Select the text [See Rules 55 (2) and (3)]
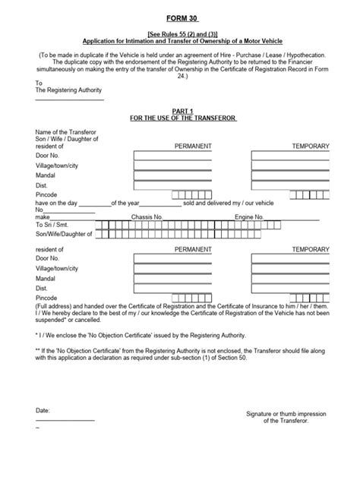point(180,35)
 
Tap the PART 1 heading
point(180,111)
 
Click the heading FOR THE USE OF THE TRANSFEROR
point(180,118)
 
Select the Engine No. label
point(249,216)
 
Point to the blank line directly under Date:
point(65,420)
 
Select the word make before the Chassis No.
point(43,216)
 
